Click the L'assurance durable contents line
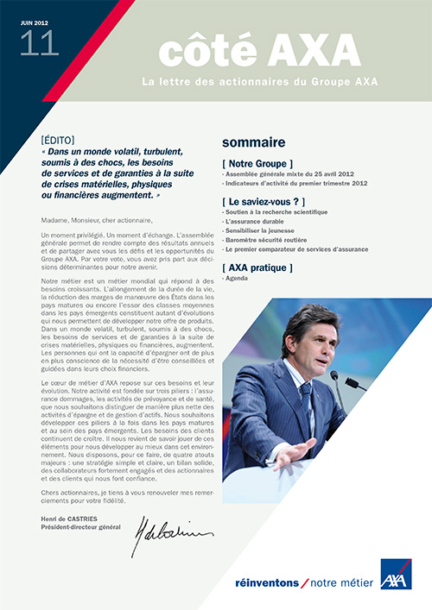(257, 222)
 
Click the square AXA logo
(396, 574)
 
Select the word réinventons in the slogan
(264, 583)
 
